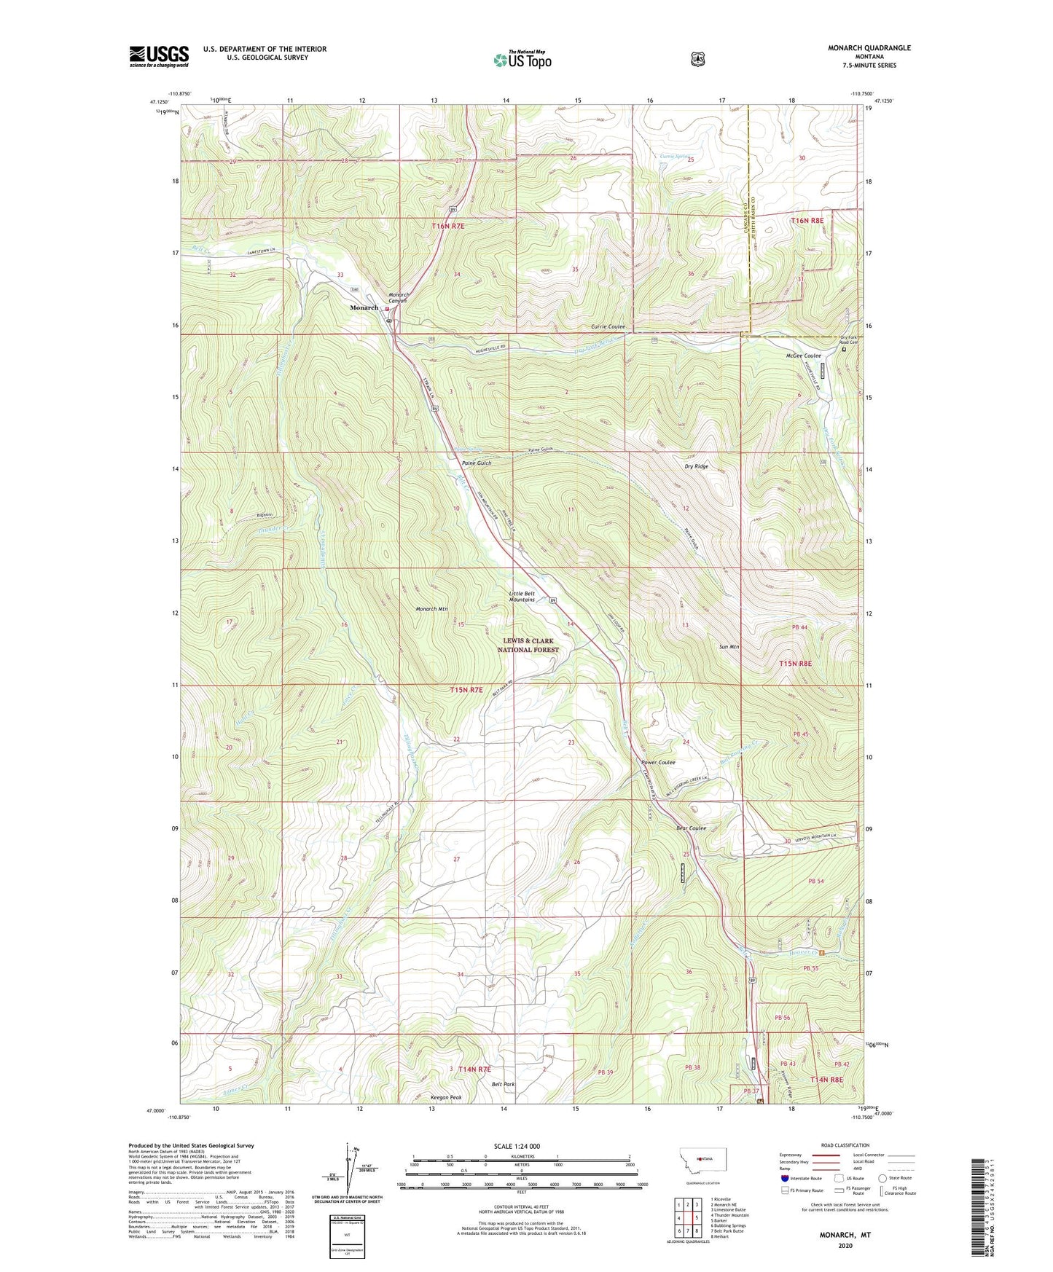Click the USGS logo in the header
159,56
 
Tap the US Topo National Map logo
522,60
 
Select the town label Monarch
364,307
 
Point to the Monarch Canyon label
397,297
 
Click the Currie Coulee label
608,327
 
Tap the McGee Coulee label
803,356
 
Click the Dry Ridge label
696,466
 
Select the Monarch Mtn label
431,609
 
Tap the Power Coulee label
658,762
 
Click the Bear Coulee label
692,828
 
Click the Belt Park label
503,1085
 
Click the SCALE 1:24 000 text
517,1146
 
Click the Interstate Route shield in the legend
784,1178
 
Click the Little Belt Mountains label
522,596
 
